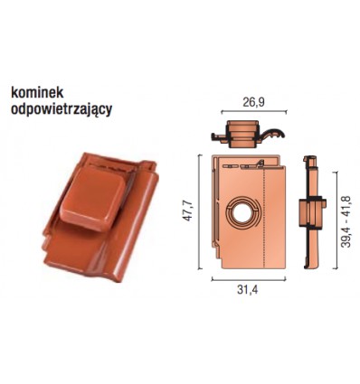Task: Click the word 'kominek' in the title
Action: pyautogui.click(x=37, y=93)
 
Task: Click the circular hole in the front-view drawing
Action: pyautogui.click(x=244, y=201)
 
